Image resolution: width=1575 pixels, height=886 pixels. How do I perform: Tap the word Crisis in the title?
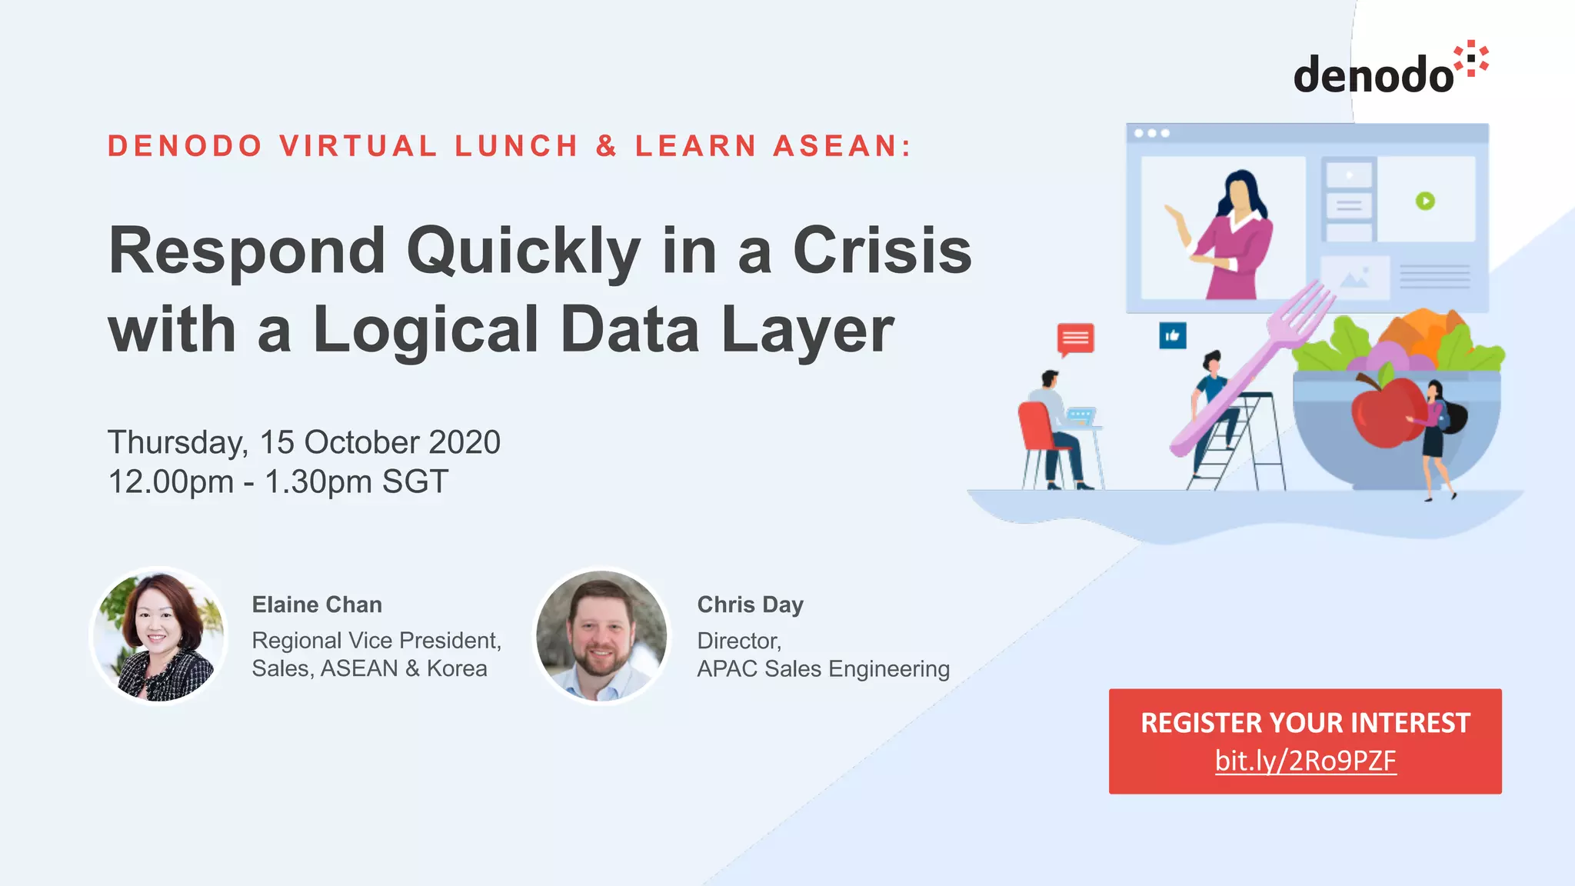882,251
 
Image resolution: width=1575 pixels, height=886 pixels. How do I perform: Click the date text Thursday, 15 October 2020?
304,442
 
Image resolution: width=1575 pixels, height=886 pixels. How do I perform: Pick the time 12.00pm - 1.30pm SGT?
278,482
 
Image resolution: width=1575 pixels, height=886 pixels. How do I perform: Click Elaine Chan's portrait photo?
159,635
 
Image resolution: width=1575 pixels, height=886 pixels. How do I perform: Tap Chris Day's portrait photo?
601,635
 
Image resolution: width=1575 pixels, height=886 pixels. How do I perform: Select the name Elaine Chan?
317,605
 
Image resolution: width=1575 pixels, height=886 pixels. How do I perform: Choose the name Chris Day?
750,605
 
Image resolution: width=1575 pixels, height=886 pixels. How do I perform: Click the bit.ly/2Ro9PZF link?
1305,761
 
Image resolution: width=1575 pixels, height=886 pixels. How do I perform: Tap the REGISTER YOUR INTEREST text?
1305,723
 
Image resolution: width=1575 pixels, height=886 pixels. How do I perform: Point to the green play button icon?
1425,201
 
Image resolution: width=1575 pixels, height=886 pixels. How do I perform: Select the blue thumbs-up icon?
1173,335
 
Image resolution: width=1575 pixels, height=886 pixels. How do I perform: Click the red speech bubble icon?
1075,338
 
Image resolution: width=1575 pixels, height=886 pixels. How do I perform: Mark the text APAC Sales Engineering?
823,669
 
